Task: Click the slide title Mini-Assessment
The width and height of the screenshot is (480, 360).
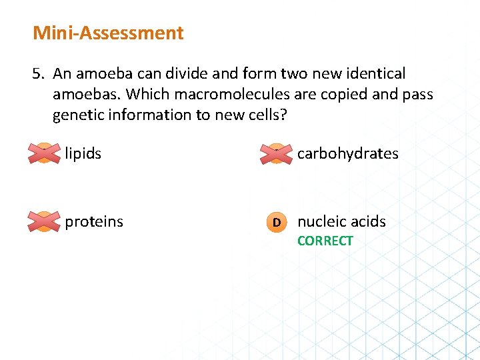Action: tap(108, 33)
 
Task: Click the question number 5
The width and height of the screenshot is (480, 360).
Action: tap(38, 74)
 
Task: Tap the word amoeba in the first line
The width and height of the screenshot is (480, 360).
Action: tap(102, 74)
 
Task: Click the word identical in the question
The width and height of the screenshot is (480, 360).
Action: tap(375, 74)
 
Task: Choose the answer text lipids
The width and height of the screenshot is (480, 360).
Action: tap(83, 154)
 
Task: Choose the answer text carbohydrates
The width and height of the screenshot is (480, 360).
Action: tap(347, 154)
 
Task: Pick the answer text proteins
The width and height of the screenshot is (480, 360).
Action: tap(94, 221)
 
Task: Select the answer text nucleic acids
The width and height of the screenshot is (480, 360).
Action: tap(341, 221)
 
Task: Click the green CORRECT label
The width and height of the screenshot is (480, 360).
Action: tap(325, 241)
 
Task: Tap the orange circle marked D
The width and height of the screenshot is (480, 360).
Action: tap(276, 221)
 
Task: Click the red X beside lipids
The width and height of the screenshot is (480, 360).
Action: tap(43, 154)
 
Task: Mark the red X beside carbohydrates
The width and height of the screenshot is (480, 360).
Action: tap(276, 154)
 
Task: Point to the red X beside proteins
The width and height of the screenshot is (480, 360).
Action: tap(43, 221)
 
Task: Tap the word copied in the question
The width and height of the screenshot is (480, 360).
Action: tap(344, 95)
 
